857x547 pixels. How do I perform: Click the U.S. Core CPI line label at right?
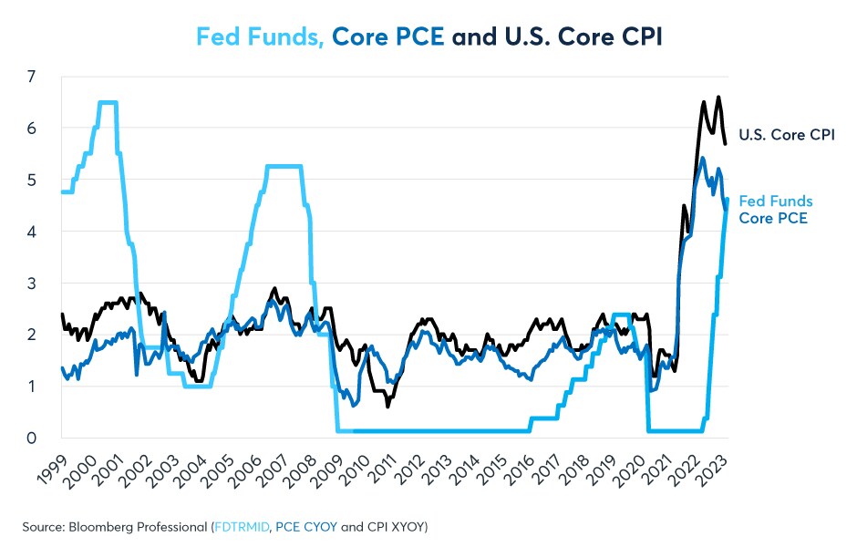tap(788, 135)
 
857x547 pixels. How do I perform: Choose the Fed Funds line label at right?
tap(775, 201)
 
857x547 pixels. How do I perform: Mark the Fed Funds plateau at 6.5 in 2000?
tap(107, 102)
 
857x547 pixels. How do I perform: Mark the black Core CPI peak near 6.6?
tap(718, 97)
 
